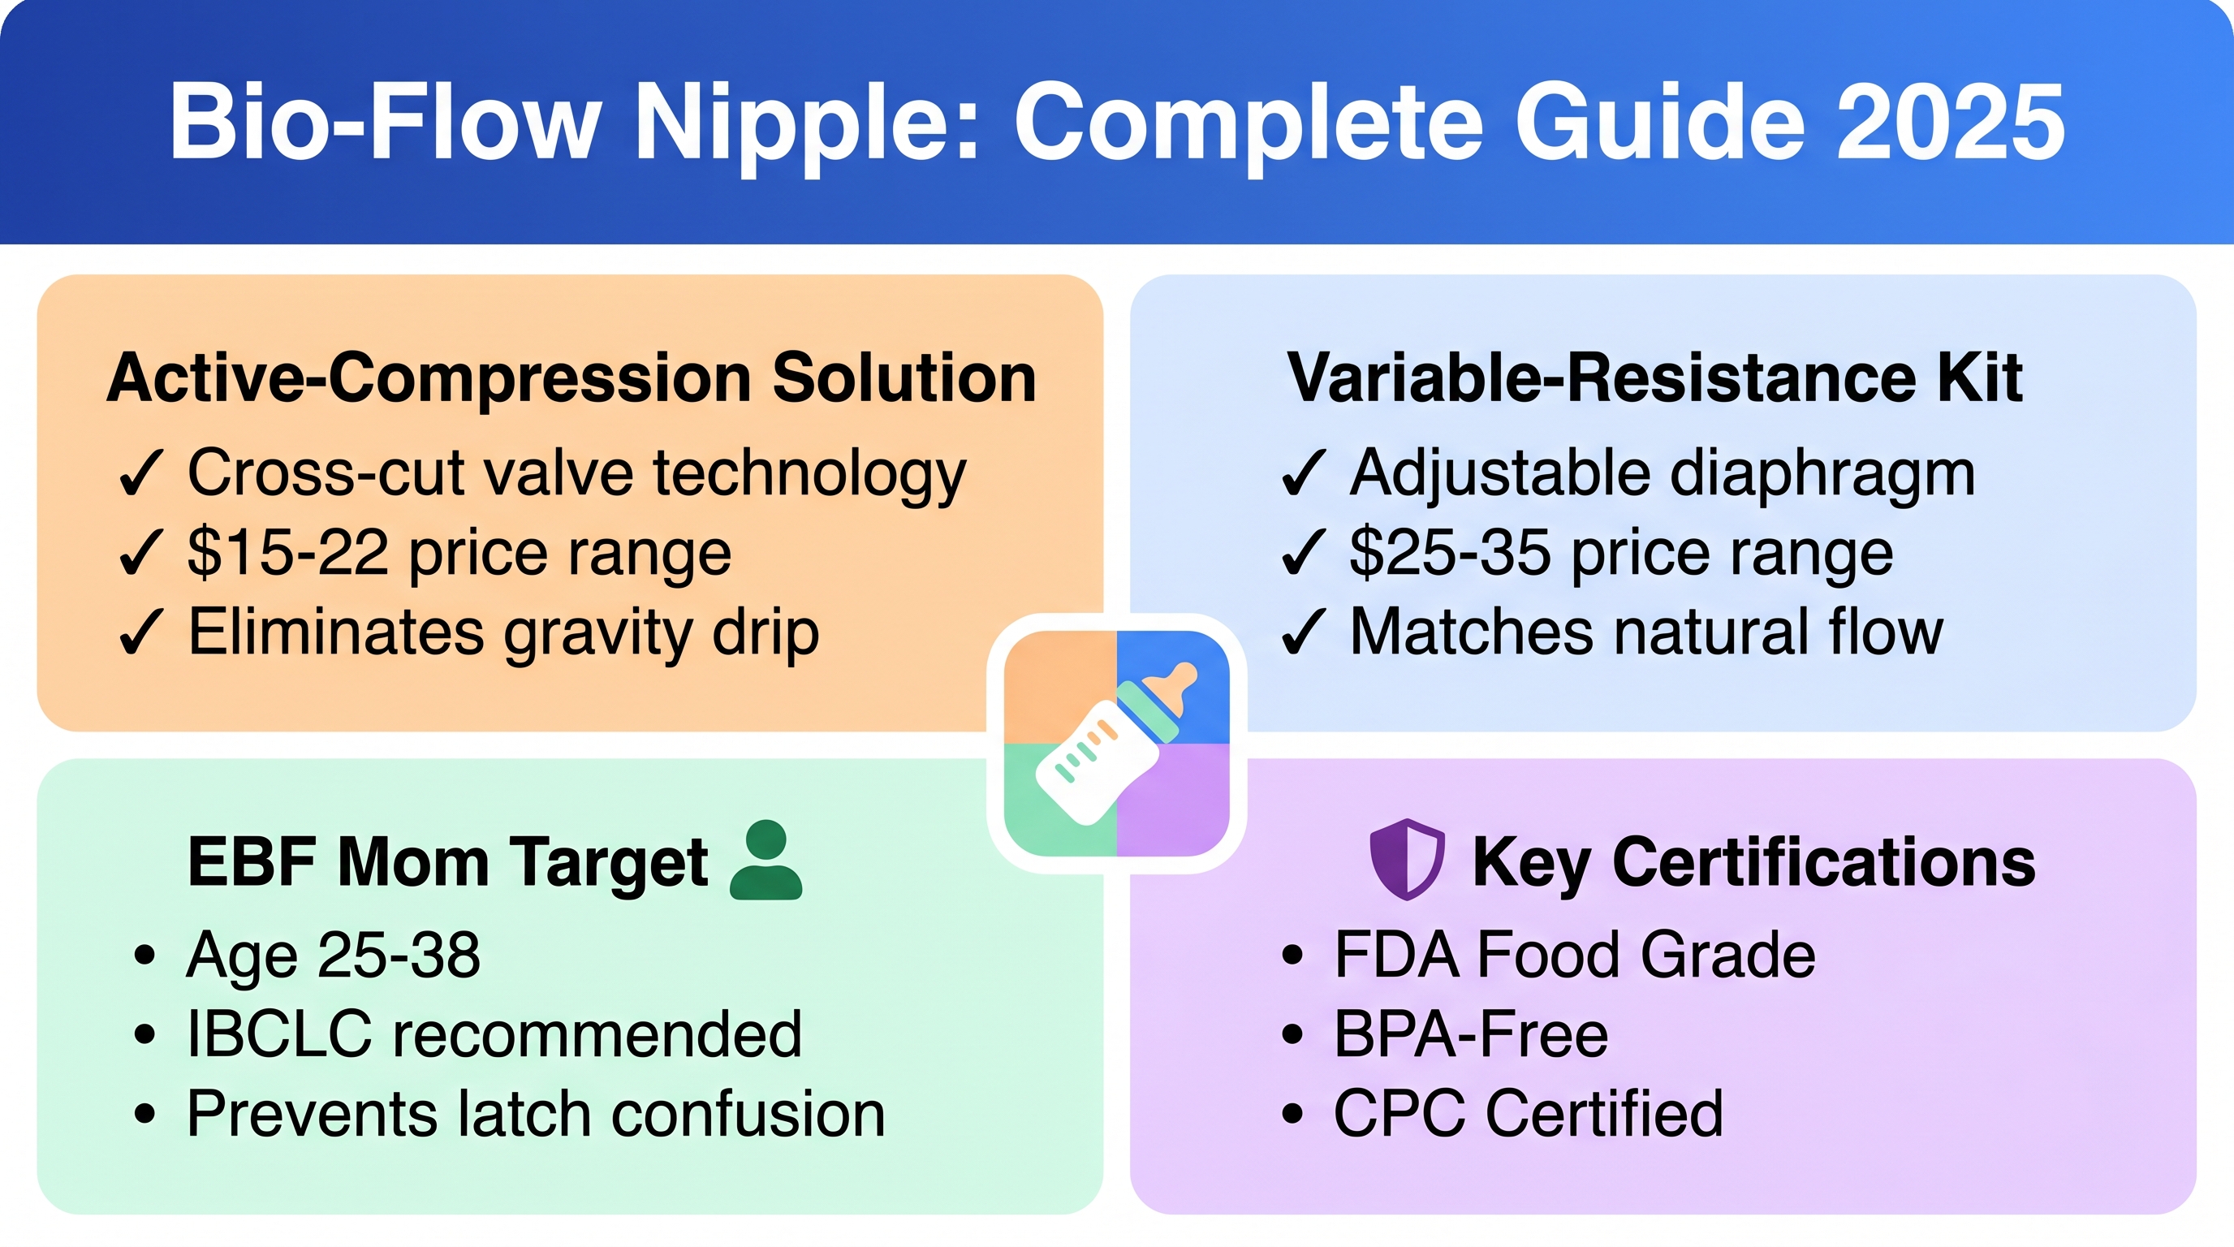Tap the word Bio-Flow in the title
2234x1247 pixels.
tap(385, 123)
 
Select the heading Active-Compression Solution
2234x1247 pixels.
tap(571, 379)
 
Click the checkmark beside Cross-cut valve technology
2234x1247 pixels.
tap(140, 472)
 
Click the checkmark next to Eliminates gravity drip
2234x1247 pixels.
tap(140, 632)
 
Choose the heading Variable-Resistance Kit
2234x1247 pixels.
tap(1654, 378)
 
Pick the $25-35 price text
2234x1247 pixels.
tap(1450, 552)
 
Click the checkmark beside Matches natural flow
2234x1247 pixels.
tap(1303, 632)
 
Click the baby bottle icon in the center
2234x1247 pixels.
tap(1116, 743)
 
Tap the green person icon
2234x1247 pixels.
tap(766, 860)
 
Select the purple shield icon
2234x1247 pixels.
tap(1407, 860)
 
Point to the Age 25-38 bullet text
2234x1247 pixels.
tap(333, 955)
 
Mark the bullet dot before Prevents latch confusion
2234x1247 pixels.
tap(144, 1115)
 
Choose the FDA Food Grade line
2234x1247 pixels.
tap(1574, 955)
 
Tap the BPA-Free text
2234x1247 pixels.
tap(1471, 1033)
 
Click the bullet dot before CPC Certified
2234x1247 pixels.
tap(1292, 1115)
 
